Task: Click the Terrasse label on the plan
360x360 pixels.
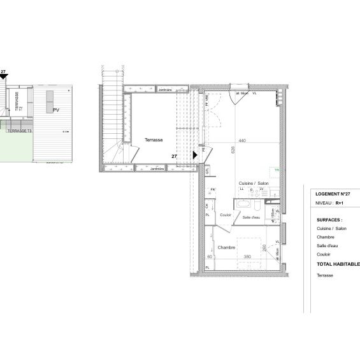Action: click(x=154, y=140)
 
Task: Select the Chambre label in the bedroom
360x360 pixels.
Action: click(x=227, y=247)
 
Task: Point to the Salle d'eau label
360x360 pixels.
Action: click(x=251, y=218)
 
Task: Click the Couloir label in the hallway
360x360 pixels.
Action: click(x=225, y=215)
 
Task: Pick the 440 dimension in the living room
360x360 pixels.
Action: click(x=242, y=140)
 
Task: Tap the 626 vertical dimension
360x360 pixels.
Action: click(x=234, y=150)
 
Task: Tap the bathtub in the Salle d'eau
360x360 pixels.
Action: click(x=244, y=204)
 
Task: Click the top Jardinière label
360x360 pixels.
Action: click(x=163, y=90)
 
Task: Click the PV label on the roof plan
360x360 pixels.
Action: click(x=56, y=110)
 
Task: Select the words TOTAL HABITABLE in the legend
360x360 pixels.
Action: click(x=338, y=264)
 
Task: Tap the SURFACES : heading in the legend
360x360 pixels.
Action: click(x=329, y=219)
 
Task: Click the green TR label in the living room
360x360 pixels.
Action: click(x=277, y=170)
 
